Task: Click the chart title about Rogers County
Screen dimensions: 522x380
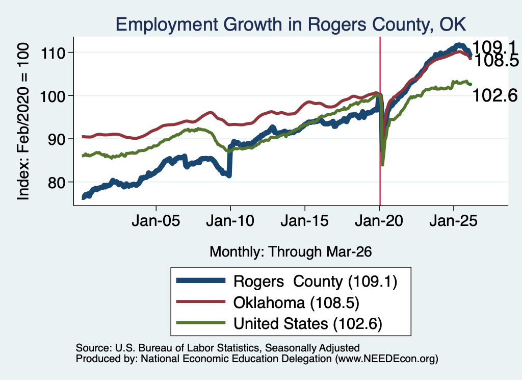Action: [x=291, y=24]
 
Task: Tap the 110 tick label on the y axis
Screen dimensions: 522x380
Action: [x=53, y=53]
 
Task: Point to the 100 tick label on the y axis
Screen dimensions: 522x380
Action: [x=53, y=96]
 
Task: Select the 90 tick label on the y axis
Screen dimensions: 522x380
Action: [x=57, y=139]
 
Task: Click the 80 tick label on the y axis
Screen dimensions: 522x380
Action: [x=57, y=183]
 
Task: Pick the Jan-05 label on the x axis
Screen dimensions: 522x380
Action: [x=156, y=221]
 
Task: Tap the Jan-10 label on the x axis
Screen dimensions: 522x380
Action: [x=230, y=221]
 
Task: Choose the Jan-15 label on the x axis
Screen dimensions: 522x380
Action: [x=305, y=221]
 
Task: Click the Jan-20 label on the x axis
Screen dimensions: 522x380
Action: [x=379, y=221]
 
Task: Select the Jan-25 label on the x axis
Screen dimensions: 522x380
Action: [x=453, y=221]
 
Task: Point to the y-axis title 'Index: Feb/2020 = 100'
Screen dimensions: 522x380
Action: [x=23, y=121]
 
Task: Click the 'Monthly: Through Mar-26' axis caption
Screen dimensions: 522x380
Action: [x=291, y=252]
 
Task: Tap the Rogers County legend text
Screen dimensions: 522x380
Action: [x=315, y=282]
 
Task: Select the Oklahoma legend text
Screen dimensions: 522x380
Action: [x=296, y=303]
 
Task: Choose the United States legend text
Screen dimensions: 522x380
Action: [x=307, y=324]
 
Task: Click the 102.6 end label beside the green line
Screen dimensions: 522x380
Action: [x=495, y=95]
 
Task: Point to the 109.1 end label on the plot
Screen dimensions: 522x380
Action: [x=494, y=47]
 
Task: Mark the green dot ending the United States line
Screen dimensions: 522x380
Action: [x=470, y=84]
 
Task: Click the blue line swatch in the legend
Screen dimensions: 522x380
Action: [x=201, y=281]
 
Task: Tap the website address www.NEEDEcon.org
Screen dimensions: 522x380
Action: [x=386, y=359]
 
